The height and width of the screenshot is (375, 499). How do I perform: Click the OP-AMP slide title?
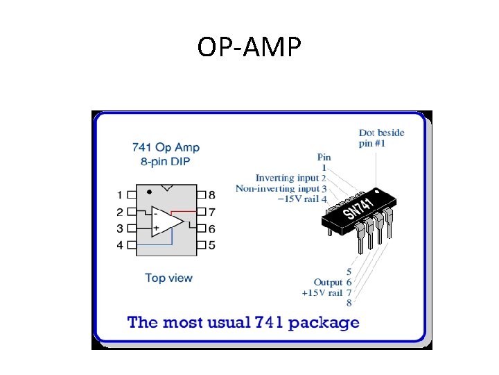(249, 47)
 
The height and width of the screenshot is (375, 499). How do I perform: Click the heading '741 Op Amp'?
(166, 147)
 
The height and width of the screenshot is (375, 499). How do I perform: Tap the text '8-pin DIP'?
(166, 161)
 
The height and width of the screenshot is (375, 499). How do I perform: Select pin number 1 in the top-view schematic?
(121, 195)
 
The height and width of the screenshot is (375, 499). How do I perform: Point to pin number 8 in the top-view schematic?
(211, 195)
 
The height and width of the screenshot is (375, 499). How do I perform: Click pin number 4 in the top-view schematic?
(121, 245)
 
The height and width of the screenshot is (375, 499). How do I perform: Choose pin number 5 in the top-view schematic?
(211, 245)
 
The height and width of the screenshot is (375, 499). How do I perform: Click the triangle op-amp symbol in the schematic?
(167, 220)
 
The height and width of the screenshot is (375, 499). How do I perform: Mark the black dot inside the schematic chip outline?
(150, 191)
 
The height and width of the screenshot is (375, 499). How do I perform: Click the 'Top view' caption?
(168, 278)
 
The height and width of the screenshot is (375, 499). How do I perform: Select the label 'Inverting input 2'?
(290, 178)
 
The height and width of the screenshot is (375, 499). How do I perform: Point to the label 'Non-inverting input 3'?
(281, 188)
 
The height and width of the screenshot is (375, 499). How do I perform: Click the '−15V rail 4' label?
(301, 199)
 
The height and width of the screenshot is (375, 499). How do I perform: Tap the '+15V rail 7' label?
(326, 292)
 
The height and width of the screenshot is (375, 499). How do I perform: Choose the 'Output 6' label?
(333, 282)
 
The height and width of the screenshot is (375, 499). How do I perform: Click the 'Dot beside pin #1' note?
(381, 137)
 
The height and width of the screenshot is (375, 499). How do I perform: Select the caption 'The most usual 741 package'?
(243, 322)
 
